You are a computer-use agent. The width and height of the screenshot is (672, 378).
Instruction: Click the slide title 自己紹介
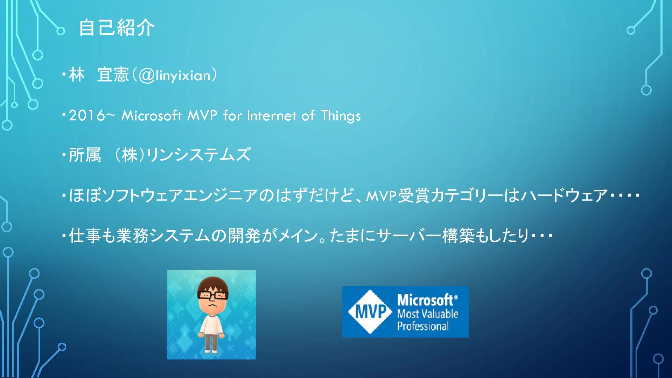pos(116,28)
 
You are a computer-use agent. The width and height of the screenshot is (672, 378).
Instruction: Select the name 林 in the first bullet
pos(77,75)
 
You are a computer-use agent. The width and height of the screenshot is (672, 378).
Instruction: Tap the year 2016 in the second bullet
pos(87,115)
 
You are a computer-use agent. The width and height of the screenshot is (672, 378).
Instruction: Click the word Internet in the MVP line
pos(272,115)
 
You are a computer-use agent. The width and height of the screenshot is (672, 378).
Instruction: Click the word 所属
pos(85,155)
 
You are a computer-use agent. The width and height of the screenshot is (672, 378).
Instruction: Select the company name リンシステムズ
pos(198,155)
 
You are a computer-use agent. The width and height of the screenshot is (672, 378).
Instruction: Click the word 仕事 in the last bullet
pos(85,236)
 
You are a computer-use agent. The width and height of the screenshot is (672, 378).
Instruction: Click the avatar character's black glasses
pos(212,296)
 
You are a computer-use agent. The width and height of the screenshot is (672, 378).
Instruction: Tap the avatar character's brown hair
pos(212,284)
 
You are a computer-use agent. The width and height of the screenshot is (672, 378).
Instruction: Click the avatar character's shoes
pos(211,350)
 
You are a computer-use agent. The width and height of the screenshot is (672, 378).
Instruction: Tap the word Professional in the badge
pos(423,326)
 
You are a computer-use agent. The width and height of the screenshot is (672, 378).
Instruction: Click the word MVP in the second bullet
pos(202,115)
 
